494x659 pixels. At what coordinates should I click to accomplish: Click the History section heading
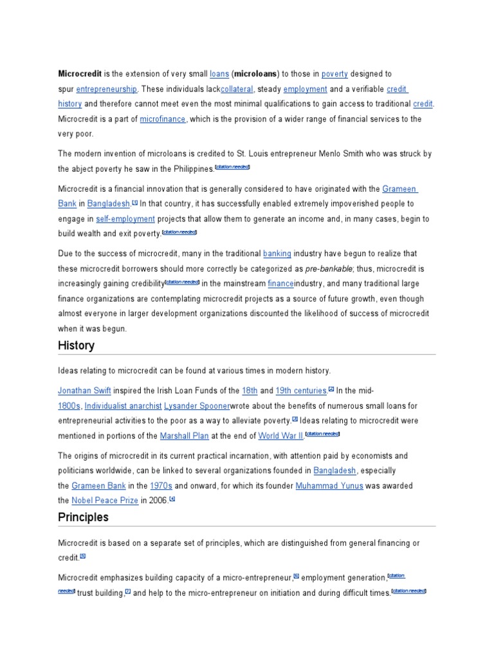[76, 346]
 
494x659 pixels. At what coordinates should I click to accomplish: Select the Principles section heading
[83, 517]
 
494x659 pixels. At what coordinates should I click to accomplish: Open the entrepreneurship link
[106, 89]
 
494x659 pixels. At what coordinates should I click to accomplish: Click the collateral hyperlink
[237, 89]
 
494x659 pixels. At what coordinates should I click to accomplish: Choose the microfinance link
[163, 119]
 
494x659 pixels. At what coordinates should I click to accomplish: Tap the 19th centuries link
[301, 391]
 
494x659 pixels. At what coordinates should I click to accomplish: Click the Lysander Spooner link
[196, 405]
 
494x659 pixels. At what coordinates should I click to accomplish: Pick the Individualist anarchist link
[122, 405]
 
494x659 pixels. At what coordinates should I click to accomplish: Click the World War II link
[281, 436]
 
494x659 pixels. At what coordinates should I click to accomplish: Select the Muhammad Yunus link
[329, 485]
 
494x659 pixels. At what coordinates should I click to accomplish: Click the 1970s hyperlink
[161, 485]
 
